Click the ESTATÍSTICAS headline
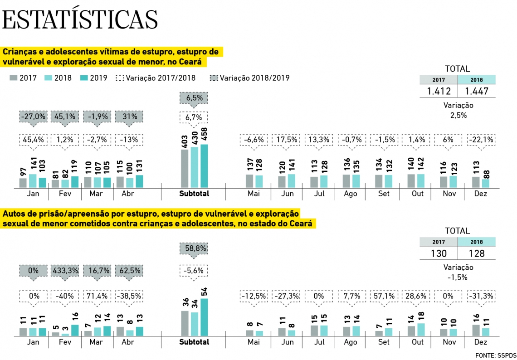(x=80, y=19)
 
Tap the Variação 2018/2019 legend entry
(x=250, y=78)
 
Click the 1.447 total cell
(x=477, y=91)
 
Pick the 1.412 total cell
(x=439, y=91)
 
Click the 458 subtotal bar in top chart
(x=205, y=166)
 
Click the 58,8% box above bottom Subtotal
(x=195, y=248)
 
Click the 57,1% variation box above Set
(x=384, y=296)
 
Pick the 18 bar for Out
(x=420, y=330)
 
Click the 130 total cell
(x=439, y=253)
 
